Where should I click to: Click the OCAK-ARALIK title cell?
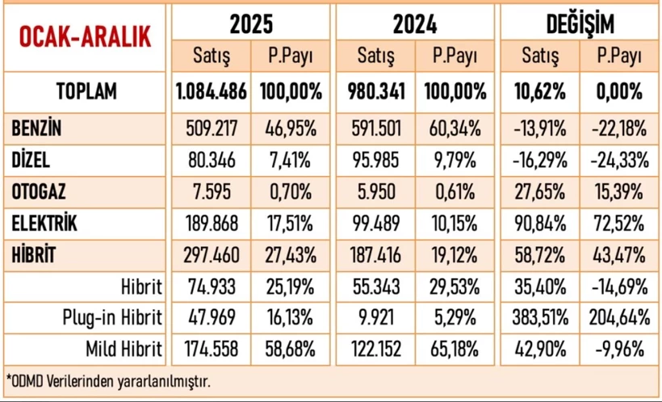86,37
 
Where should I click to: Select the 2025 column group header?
250,25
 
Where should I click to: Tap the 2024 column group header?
415,25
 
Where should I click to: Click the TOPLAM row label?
86,91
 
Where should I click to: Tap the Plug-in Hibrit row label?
112,317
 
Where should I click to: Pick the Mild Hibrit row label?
122,349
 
